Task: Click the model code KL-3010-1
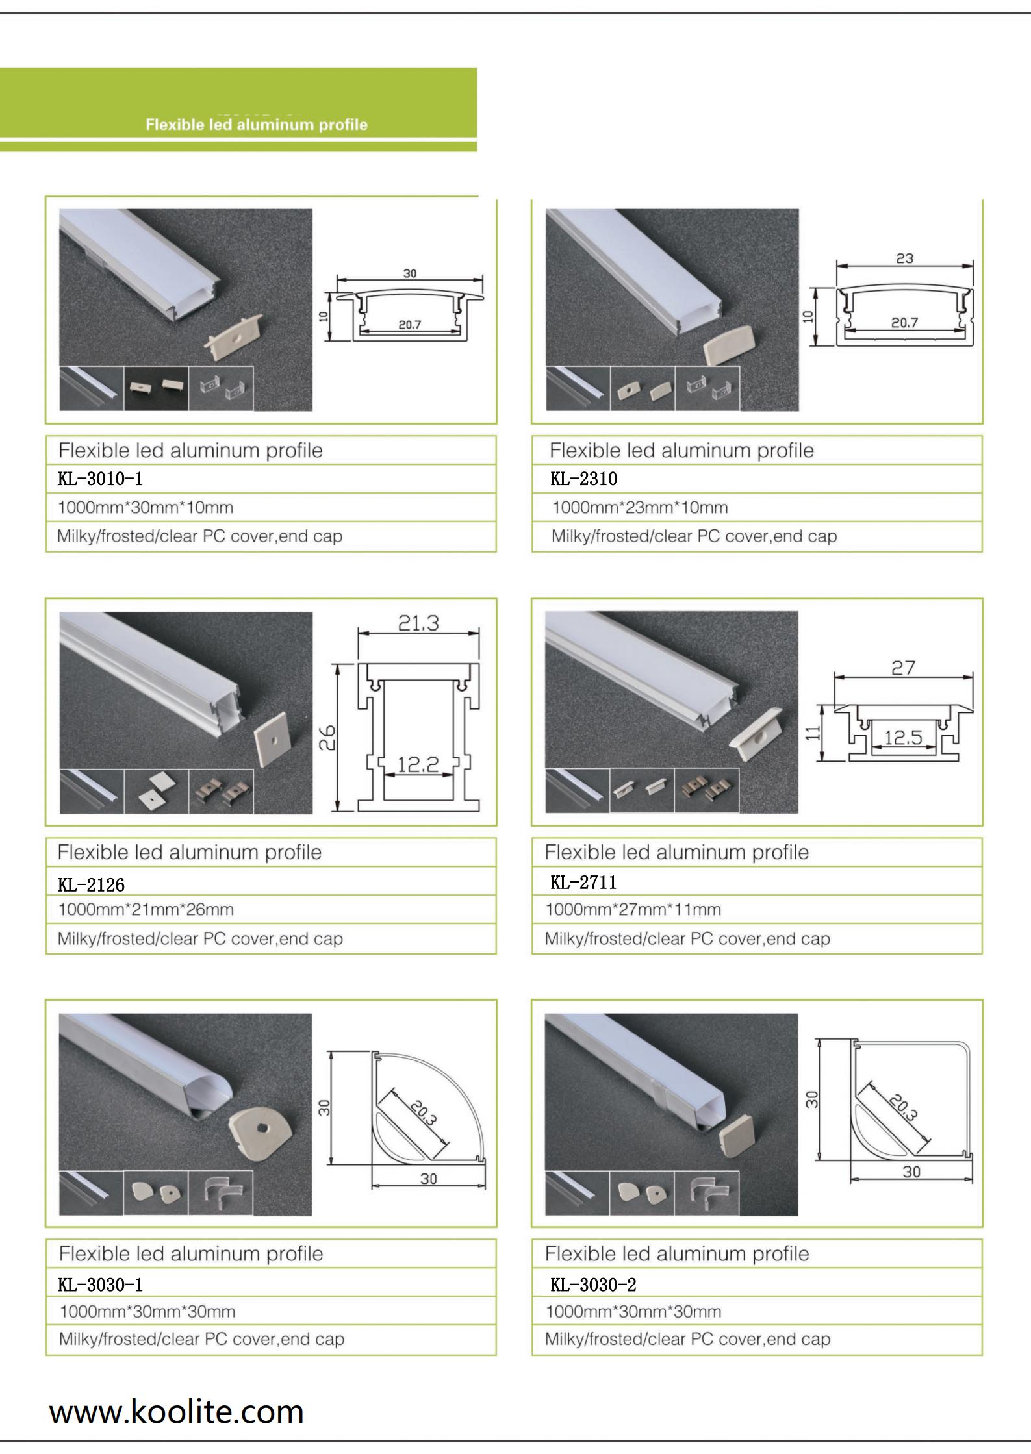coord(100,479)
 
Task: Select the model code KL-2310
coord(584,479)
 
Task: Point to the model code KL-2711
coord(583,882)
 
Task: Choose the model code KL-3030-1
coord(100,1285)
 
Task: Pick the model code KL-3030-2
coord(593,1285)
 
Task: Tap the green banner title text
coord(257,125)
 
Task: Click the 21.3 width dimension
coord(418,623)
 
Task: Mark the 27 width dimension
coord(904,668)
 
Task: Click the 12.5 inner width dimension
coord(904,737)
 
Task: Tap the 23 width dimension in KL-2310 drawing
coord(905,258)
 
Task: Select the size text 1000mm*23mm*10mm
coord(640,508)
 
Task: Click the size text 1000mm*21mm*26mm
coord(146,910)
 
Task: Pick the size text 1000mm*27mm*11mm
coord(633,910)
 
